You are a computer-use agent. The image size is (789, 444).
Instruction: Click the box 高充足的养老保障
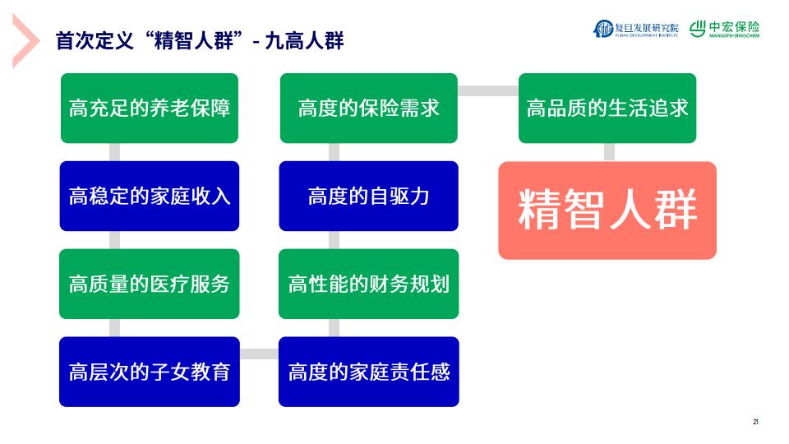[x=150, y=109]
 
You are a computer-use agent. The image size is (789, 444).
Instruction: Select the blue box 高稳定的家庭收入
[x=150, y=197]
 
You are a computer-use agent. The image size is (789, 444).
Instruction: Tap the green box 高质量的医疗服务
[x=150, y=284]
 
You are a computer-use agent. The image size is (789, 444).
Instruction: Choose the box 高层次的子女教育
[x=150, y=372]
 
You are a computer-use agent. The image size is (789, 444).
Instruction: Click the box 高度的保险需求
[x=369, y=109]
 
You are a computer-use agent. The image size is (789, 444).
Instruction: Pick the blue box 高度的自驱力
[x=369, y=197]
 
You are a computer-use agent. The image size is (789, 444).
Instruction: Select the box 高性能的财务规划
[x=369, y=284]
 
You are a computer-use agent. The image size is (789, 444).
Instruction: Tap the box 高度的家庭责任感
[x=369, y=372]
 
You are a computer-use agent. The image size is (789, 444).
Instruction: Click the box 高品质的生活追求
[x=607, y=109]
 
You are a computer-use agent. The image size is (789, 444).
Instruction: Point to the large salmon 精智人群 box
[x=607, y=210]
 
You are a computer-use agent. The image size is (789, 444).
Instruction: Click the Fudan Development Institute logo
[x=636, y=29]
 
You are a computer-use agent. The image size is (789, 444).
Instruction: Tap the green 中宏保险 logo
[x=725, y=29]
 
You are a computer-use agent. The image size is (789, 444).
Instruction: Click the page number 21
[x=755, y=422]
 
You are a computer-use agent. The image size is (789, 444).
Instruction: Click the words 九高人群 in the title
[x=304, y=41]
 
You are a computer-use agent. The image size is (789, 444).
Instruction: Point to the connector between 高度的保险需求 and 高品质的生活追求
[x=488, y=90]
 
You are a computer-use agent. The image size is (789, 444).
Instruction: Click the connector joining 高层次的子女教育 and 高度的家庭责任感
[x=259, y=354]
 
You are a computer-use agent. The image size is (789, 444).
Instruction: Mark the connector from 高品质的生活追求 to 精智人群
[x=609, y=152]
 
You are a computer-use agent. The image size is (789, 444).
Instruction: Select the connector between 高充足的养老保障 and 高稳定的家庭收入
[x=115, y=152]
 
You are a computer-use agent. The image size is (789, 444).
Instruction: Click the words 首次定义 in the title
[x=95, y=41]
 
